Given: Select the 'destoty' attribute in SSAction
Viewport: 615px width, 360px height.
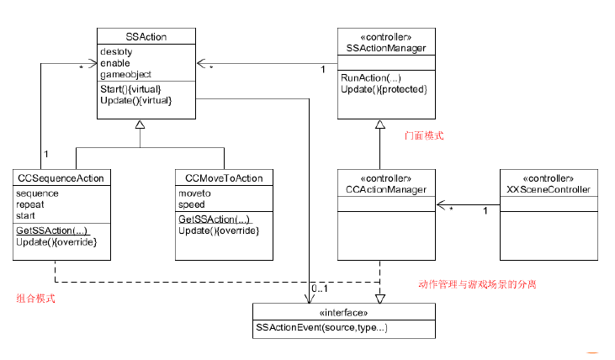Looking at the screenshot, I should tap(117, 52).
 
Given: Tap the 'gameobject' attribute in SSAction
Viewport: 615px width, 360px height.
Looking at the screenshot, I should tap(125, 75).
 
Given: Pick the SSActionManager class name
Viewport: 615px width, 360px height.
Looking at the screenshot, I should tap(386, 49).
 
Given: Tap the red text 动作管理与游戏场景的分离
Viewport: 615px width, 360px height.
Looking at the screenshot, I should tap(477, 285).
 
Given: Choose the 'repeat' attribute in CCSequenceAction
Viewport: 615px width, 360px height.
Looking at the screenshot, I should tap(31, 204).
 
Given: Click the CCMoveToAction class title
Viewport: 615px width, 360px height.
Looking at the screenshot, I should tap(224, 177).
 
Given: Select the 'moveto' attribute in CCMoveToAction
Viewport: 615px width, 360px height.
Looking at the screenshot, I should tap(195, 193).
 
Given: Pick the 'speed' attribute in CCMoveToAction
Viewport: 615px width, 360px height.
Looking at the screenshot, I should tap(192, 204).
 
